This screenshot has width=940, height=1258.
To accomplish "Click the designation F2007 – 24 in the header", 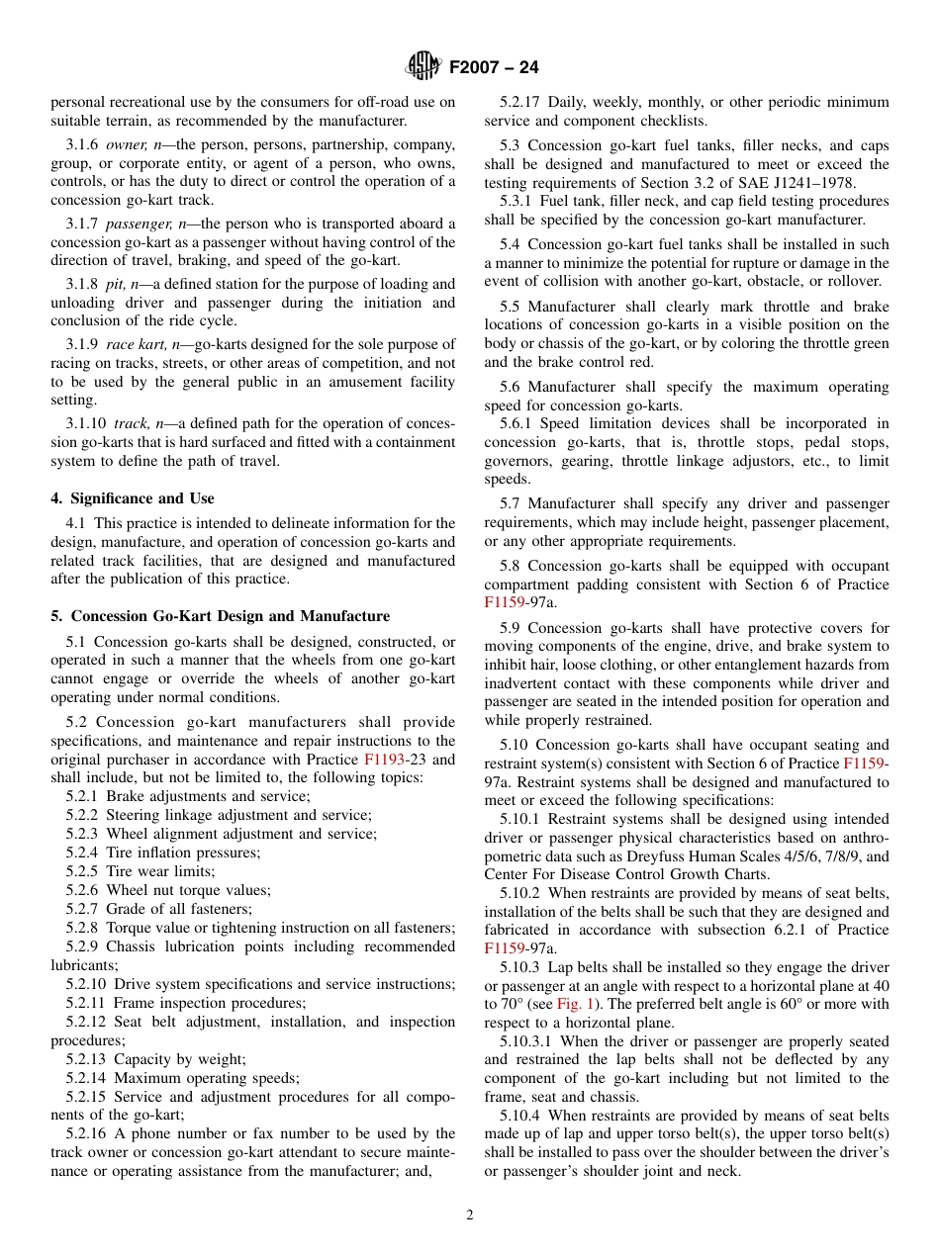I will (x=494, y=68).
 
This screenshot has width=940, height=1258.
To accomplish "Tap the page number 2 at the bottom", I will (x=470, y=1215).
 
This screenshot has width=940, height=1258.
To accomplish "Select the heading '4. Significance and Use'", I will (x=133, y=498).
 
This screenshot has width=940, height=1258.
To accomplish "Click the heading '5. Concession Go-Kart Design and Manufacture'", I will (x=220, y=616).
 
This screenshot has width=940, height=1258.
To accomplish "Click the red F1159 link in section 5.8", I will (x=504, y=602).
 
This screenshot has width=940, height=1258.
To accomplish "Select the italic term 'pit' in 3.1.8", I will (x=114, y=284).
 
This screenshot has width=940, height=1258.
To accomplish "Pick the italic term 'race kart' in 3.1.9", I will (x=132, y=344).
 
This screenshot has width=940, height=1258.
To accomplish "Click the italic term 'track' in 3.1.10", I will (x=130, y=423).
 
